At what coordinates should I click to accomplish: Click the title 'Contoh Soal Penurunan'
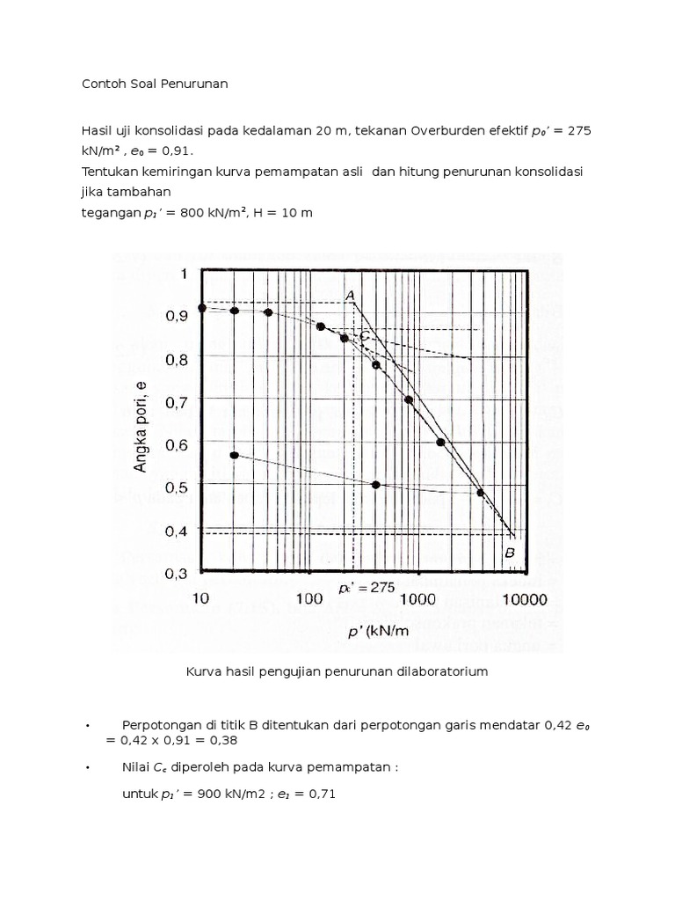(155, 84)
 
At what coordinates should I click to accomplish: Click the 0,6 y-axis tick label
(171, 445)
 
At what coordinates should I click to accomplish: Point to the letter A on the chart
(350, 296)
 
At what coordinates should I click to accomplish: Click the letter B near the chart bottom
(509, 553)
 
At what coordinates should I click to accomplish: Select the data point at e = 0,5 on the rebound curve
(376, 485)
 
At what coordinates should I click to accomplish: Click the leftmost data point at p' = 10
(202, 307)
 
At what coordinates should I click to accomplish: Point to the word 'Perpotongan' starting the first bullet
(160, 724)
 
